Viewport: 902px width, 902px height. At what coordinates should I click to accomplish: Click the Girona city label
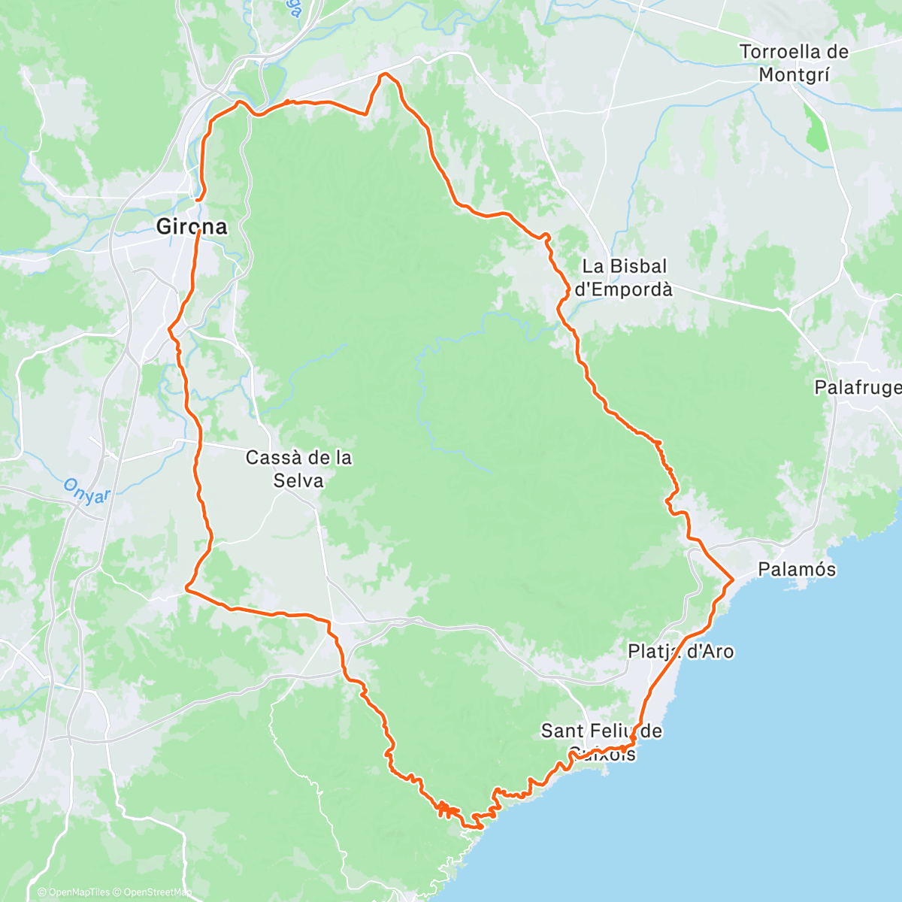(x=191, y=226)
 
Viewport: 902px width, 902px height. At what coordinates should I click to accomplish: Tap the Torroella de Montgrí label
(x=794, y=63)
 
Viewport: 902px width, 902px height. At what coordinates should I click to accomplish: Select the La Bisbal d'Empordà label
(x=624, y=277)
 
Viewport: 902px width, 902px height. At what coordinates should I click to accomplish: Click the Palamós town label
(x=797, y=569)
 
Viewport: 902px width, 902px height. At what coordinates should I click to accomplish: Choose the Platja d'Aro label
(x=681, y=651)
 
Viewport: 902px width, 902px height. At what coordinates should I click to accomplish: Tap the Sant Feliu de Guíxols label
(x=601, y=741)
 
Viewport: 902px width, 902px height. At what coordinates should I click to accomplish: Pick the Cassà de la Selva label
(x=299, y=468)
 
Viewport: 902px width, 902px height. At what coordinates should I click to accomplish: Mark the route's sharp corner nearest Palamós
(x=733, y=578)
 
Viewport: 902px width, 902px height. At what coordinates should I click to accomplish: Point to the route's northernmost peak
(x=385, y=74)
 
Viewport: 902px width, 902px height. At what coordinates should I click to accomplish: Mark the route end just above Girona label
(x=197, y=201)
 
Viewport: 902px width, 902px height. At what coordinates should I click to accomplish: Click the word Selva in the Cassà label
(x=298, y=480)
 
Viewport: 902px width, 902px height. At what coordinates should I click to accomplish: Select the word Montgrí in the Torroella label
(x=794, y=74)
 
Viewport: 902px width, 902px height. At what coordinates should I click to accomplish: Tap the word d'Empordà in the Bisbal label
(x=623, y=289)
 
